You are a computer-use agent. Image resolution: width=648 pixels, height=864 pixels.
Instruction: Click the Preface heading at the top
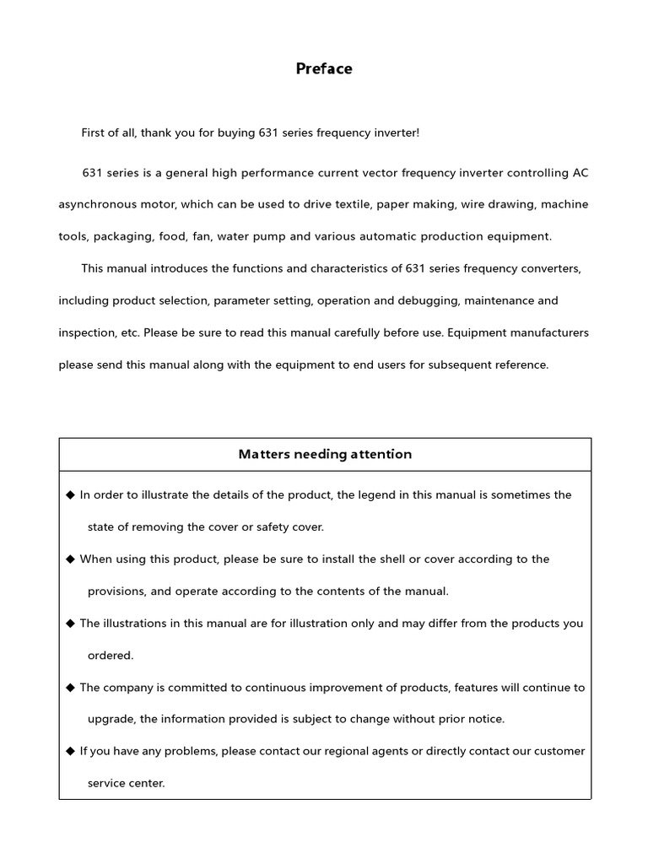[x=324, y=69]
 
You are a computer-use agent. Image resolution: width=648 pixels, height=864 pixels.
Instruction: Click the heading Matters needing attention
[x=325, y=454]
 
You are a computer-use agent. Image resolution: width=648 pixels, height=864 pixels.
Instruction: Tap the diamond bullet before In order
[x=70, y=495]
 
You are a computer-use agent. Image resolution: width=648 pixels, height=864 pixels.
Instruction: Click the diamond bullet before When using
[x=70, y=559]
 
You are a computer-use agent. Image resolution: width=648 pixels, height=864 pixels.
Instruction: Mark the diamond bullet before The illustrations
[x=70, y=624]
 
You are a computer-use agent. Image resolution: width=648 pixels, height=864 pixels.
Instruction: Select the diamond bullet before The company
[x=70, y=688]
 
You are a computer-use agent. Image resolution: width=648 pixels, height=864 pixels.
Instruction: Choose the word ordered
[x=111, y=656]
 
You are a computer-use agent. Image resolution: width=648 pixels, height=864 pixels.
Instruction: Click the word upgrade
[x=111, y=720]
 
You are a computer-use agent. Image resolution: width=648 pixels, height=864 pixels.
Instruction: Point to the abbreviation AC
[x=580, y=173]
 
